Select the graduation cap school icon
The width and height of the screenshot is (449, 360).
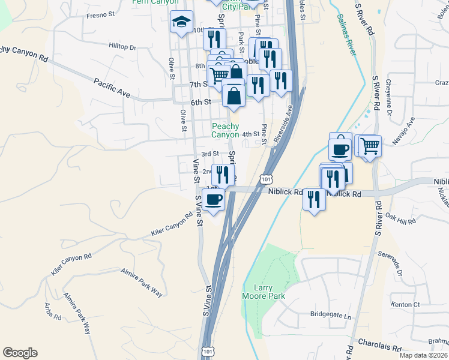181,23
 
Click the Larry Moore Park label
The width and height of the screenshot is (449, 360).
263,292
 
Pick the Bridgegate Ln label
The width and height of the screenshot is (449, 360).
330,314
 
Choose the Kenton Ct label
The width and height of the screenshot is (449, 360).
405,305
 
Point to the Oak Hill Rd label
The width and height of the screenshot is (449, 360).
400,219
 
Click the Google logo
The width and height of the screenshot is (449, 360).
20,353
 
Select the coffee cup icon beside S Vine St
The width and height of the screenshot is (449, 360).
214,199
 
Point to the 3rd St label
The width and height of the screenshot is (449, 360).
209,154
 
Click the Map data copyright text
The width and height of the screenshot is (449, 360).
423,355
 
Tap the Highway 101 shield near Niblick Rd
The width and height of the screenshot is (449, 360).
266,178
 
